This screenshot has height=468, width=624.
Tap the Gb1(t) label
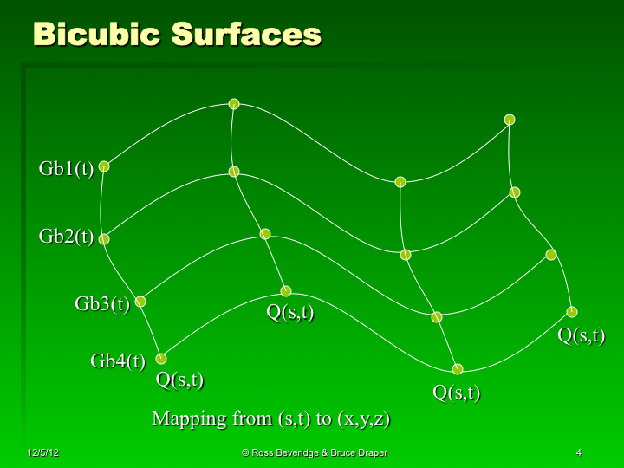(66, 168)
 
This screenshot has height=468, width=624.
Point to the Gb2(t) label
(66, 236)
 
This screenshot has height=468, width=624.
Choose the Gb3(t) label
(102, 303)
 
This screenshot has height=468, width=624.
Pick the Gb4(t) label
(118, 361)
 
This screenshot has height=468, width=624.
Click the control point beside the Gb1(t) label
(104, 166)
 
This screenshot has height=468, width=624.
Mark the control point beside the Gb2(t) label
(104, 239)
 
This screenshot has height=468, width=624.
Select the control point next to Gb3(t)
(140, 302)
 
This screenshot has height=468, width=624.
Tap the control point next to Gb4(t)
(161, 358)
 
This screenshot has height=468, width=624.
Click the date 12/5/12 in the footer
(42, 453)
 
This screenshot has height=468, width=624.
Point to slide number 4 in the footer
(578, 453)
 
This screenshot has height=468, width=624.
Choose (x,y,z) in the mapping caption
(363, 419)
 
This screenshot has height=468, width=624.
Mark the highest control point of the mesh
(234, 104)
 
